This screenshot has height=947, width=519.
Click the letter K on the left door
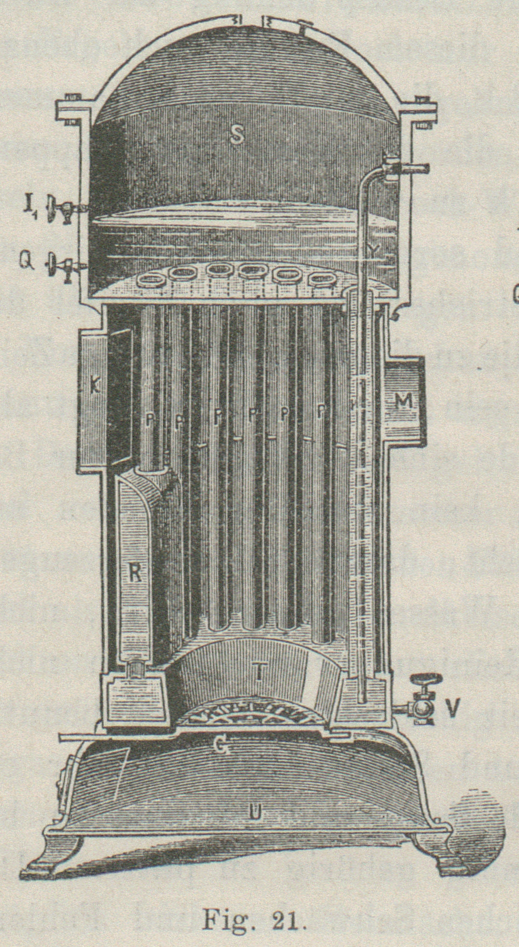pos(95,387)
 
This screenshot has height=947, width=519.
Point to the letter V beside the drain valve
pos(452,708)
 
